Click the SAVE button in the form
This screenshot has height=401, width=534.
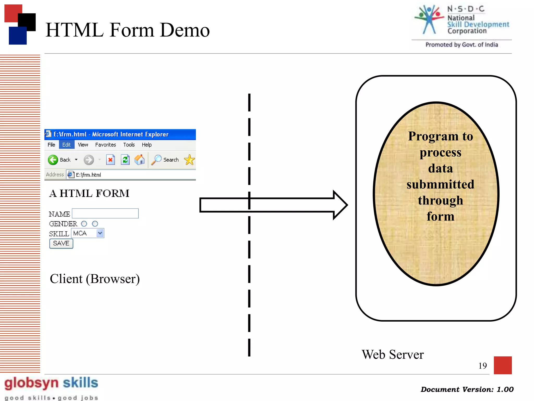pos(61,243)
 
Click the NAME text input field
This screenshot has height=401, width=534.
pos(105,213)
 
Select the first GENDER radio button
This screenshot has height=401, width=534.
pos(84,224)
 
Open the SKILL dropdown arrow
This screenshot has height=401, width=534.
pos(100,233)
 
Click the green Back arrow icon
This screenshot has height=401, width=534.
pos(53,160)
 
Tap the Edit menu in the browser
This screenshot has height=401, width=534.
pos(66,145)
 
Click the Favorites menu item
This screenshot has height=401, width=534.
pos(105,145)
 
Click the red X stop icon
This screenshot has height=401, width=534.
pos(111,160)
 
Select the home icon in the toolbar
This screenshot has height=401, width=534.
pos(140,160)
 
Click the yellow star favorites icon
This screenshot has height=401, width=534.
pos(189,160)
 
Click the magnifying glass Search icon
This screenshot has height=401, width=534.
pos(156,160)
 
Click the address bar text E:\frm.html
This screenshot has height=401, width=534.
pos(88,175)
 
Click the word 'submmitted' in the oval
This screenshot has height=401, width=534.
pos(440,184)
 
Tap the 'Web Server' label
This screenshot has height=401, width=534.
pos(393,355)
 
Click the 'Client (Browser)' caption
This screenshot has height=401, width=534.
pos(95,279)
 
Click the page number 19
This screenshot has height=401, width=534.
pos(482,365)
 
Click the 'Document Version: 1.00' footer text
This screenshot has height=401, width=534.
pos(467,389)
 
